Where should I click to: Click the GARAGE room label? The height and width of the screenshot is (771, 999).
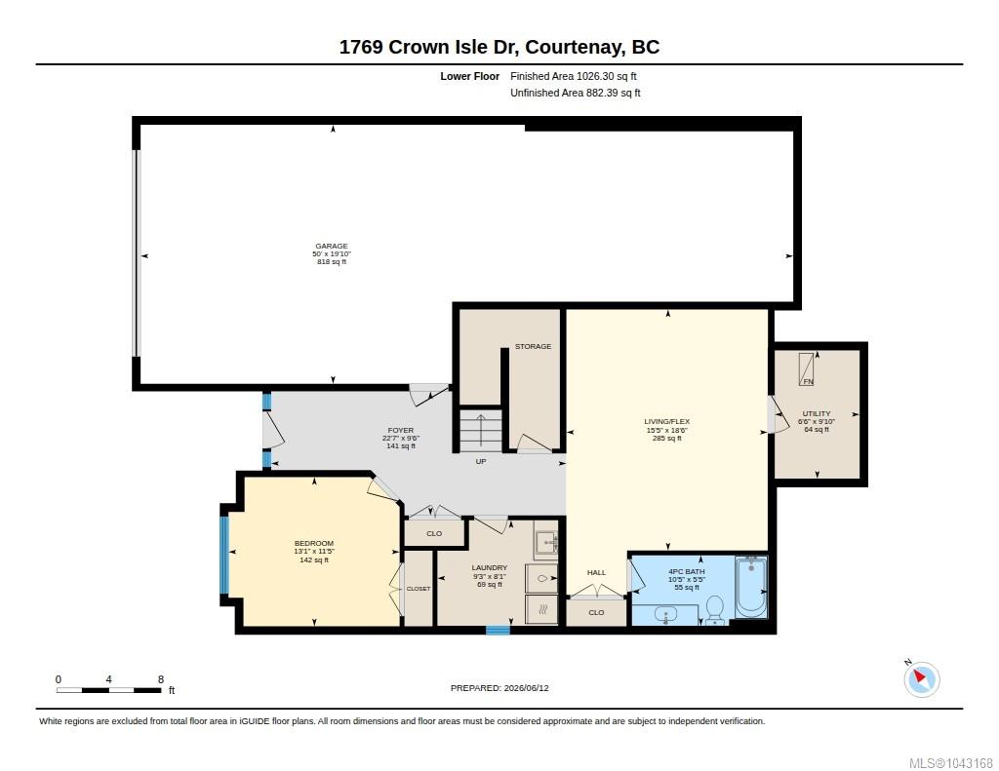[x=332, y=247]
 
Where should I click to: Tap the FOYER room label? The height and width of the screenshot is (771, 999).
[x=401, y=431]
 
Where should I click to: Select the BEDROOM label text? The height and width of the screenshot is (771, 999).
[x=313, y=543]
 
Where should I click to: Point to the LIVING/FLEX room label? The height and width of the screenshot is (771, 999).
[x=666, y=421]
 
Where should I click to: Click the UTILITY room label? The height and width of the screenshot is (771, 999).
[x=817, y=413]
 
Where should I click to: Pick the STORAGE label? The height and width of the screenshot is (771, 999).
[x=534, y=346]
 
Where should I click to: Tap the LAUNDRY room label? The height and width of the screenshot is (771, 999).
[x=490, y=568]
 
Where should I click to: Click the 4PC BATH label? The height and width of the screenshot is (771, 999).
[x=686, y=572]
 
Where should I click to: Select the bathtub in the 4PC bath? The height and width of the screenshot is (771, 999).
[x=751, y=587]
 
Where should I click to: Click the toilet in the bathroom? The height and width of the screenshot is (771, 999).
[x=715, y=610]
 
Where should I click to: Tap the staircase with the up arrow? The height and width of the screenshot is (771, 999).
[x=481, y=431]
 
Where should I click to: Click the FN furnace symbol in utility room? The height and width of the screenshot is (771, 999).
[x=807, y=368]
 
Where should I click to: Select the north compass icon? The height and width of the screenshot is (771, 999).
[x=921, y=678]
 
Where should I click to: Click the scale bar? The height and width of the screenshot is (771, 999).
[x=108, y=690]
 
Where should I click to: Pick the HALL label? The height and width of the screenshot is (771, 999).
[x=596, y=572]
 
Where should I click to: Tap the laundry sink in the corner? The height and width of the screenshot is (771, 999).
[x=546, y=542]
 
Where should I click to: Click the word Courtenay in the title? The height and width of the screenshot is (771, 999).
[x=574, y=47]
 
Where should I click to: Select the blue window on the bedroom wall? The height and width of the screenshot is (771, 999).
[x=224, y=555]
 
